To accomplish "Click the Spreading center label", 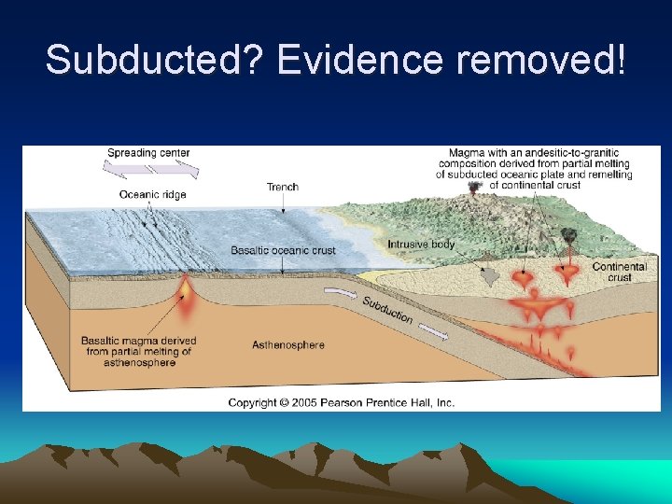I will tap(148, 153).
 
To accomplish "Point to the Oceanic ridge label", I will tap(152, 194).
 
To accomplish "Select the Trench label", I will tap(283, 187).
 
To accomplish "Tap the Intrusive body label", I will tap(421, 245).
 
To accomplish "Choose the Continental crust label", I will tap(619, 272).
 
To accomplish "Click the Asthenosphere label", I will tap(288, 345).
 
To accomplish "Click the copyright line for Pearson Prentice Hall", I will tap(342, 402).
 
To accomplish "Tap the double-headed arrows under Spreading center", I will tap(150, 170).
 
